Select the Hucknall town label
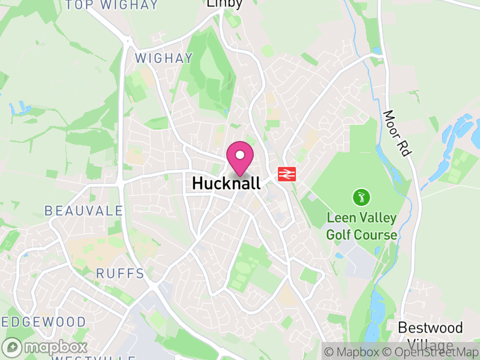point(226,184)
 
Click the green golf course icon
point(361,197)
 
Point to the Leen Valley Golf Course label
point(361,226)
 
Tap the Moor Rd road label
point(397,133)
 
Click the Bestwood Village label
point(431,335)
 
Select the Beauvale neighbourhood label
point(83,211)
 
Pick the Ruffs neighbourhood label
point(121,274)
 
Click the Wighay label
point(164,59)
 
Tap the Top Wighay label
point(112,5)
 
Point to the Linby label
point(224,4)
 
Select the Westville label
point(92,358)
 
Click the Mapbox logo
point(45,347)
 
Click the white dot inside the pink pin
point(240,155)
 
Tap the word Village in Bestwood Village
point(431,344)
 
